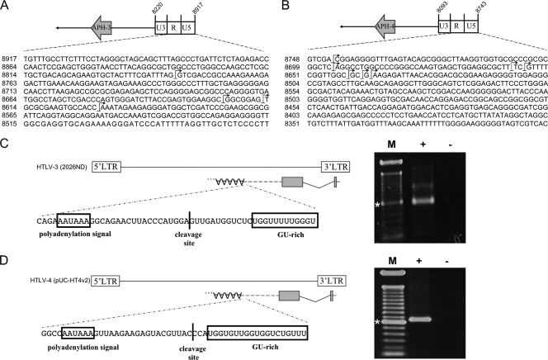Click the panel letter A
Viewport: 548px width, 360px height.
click(x=7, y=7)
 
